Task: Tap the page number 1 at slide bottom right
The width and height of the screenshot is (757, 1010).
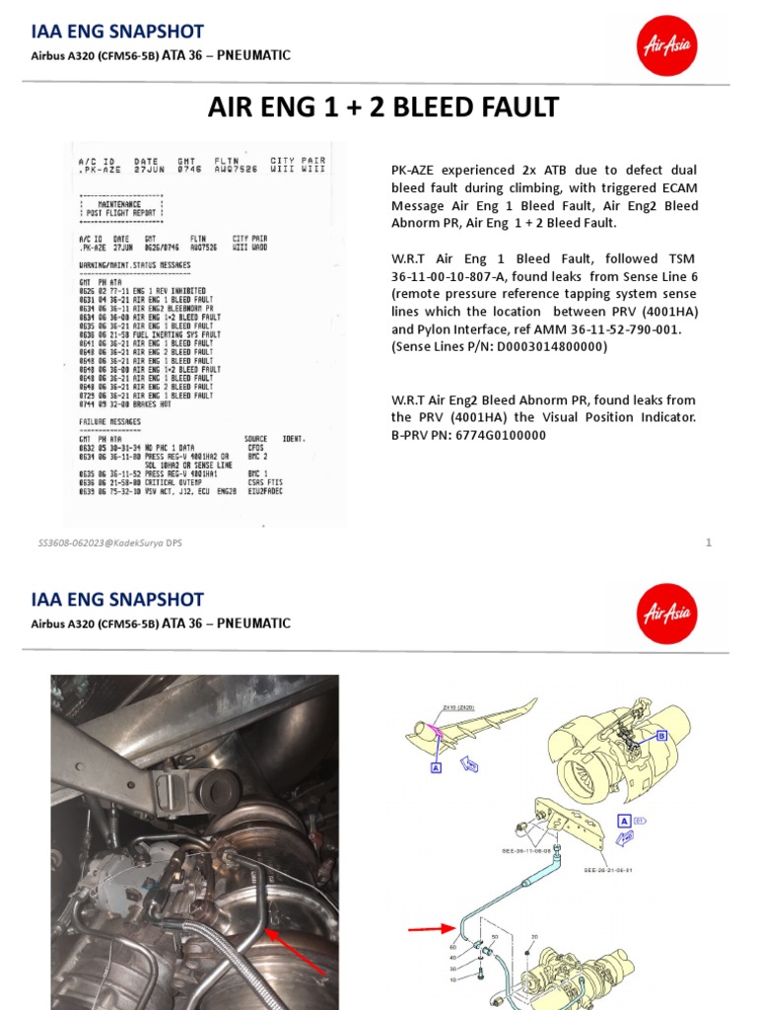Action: click(709, 542)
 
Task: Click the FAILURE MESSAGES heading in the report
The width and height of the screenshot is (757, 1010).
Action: click(109, 422)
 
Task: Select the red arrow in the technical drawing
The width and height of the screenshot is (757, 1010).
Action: click(428, 928)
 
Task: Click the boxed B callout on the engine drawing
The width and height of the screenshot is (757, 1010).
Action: click(661, 736)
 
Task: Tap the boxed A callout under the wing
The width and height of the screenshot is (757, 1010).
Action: click(435, 765)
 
